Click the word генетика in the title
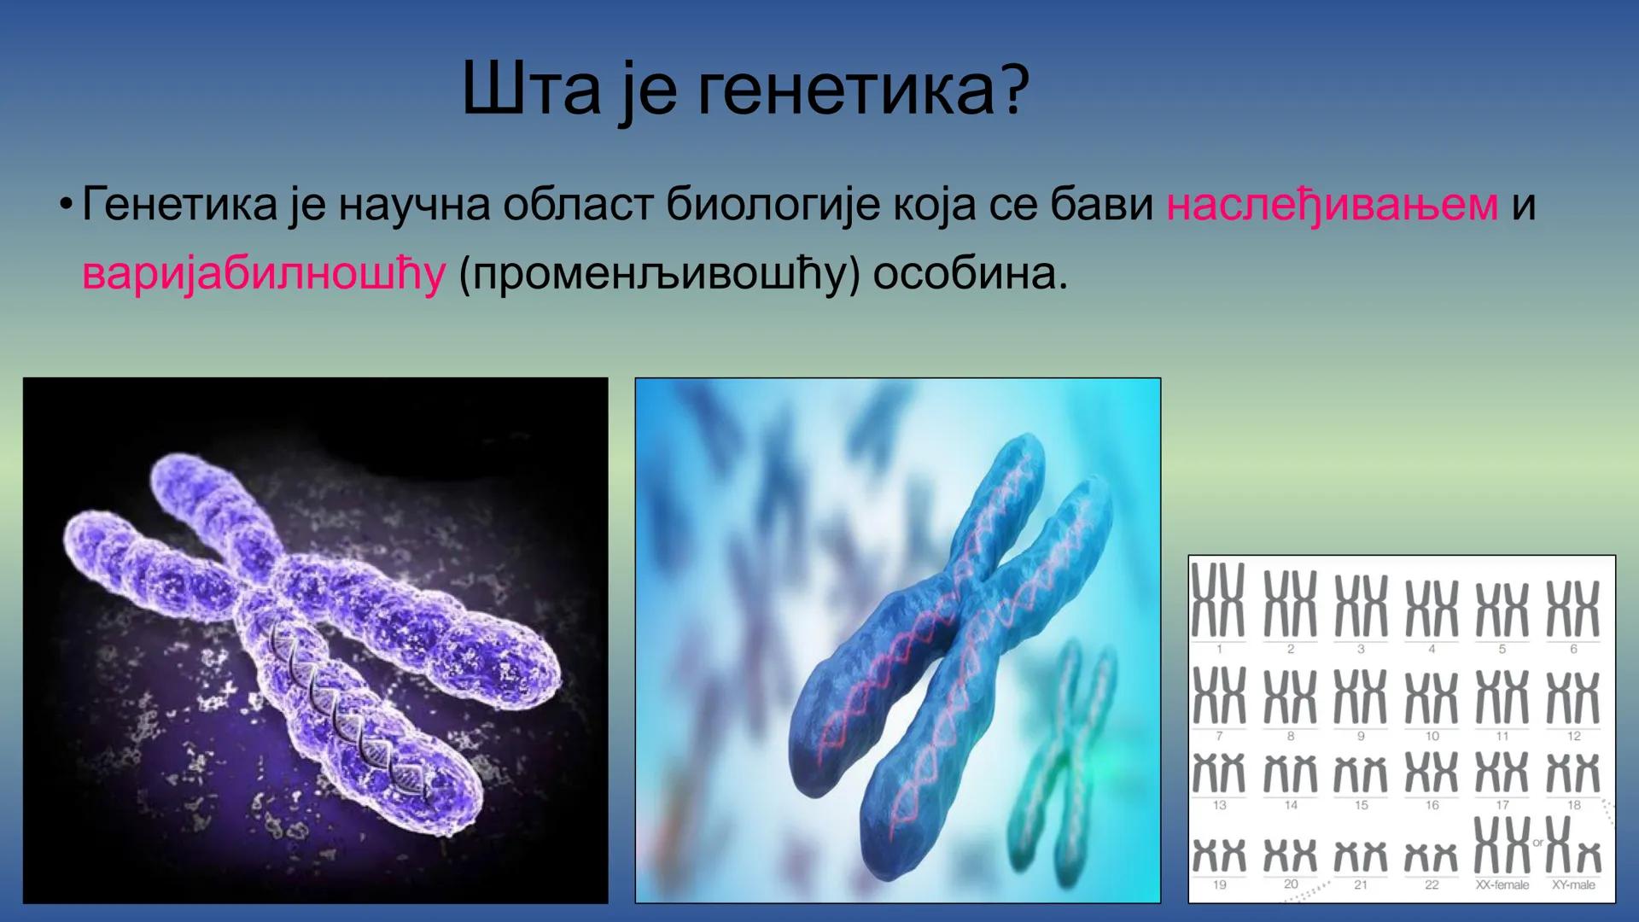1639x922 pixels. (845, 91)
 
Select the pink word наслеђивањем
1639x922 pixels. (1332, 206)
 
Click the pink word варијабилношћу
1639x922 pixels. (263, 274)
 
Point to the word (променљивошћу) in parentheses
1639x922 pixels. (658, 275)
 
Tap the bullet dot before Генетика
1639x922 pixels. (65, 207)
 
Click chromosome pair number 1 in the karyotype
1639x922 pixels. (1218, 599)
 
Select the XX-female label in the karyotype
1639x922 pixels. (1502, 885)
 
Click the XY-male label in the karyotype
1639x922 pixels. (1573, 885)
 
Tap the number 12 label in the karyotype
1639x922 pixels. (1573, 736)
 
